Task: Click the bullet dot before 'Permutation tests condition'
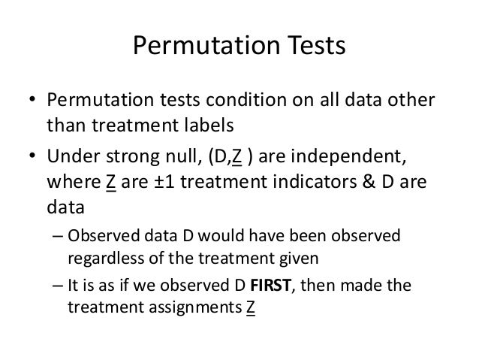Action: point(33,101)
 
